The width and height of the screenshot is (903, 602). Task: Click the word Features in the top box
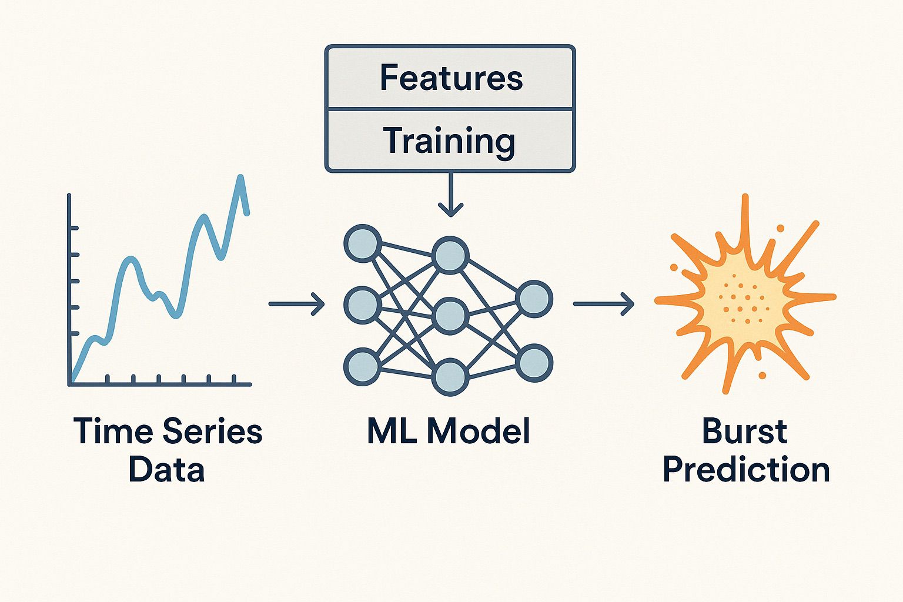coord(451,78)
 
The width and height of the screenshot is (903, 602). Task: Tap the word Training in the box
coord(450,141)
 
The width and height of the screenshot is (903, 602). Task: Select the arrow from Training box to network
coord(451,194)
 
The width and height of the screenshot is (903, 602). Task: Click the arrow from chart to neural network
coord(297,304)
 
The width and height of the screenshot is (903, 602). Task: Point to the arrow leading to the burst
coord(604,304)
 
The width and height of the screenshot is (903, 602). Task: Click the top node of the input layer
coord(362,243)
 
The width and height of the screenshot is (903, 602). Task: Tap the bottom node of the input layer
coord(362,367)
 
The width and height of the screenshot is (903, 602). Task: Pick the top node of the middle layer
coord(450,255)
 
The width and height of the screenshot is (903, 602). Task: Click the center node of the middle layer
coord(450,316)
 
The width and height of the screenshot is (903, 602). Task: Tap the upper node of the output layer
coord(534,299)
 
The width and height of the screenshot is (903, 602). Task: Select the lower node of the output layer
coord(534,362)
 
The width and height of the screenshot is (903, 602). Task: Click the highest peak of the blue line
coord(240,178)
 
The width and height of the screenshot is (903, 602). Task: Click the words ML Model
coord(449,431)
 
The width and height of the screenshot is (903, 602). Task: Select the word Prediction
coord(746,470)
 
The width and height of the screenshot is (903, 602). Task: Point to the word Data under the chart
coord(166,470)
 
